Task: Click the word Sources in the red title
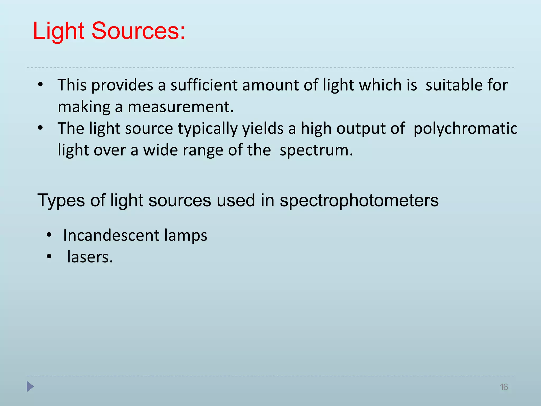coord(138,31)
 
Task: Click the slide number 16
coord(504,387)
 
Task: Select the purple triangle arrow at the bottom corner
coord(30,386)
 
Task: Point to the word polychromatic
coord(465,128)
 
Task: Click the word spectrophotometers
coord(359,200)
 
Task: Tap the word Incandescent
coord(111,235)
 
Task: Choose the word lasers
coord(90,257)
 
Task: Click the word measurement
coord(181,107)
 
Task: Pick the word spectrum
coord(316,150)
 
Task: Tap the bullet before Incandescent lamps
coord(49,235)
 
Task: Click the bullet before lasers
coord(49,256)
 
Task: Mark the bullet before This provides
coord(40,85)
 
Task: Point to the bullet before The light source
coord(40,128)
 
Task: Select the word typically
coord(208,128)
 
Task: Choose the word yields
coord(263,128)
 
